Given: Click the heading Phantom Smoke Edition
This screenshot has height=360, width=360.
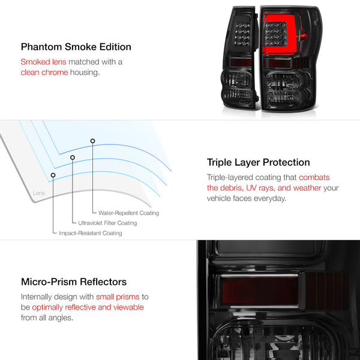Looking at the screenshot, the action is tap(76, 47).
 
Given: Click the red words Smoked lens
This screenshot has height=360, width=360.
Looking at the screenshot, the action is tap(43, 62).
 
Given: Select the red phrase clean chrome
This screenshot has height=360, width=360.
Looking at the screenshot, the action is tap(44, 73).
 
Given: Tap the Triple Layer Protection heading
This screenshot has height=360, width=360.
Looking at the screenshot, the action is tap(258, 163).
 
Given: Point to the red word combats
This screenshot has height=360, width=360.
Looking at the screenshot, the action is tap(314, 177).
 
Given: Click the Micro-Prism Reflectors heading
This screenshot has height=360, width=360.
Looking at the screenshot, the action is tap(74, 282).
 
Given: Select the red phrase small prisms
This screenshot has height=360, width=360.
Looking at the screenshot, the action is tap(118, 297).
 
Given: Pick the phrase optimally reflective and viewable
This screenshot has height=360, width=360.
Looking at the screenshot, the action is tap(88, 307).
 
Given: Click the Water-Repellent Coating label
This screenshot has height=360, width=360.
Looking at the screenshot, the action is tap(128, 213).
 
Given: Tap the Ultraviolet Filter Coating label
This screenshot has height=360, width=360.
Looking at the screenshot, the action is tap(107, 223).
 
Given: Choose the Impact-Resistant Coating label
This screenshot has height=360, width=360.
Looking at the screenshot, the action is tap(91, 233).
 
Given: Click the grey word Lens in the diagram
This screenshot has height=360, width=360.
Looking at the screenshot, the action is tap(39, 193).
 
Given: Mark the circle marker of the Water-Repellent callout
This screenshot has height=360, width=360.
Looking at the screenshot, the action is tap(92, 141).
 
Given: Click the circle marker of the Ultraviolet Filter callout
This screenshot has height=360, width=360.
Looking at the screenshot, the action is tap(73, 157).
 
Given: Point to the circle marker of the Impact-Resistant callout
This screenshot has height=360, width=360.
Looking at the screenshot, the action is tap(53, 175).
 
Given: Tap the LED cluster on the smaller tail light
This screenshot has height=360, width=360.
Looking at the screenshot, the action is tap(242, 34).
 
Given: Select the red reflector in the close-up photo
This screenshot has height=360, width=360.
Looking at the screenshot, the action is tap(259, 290).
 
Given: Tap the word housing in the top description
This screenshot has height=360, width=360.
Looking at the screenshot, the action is tap(85, 73).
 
